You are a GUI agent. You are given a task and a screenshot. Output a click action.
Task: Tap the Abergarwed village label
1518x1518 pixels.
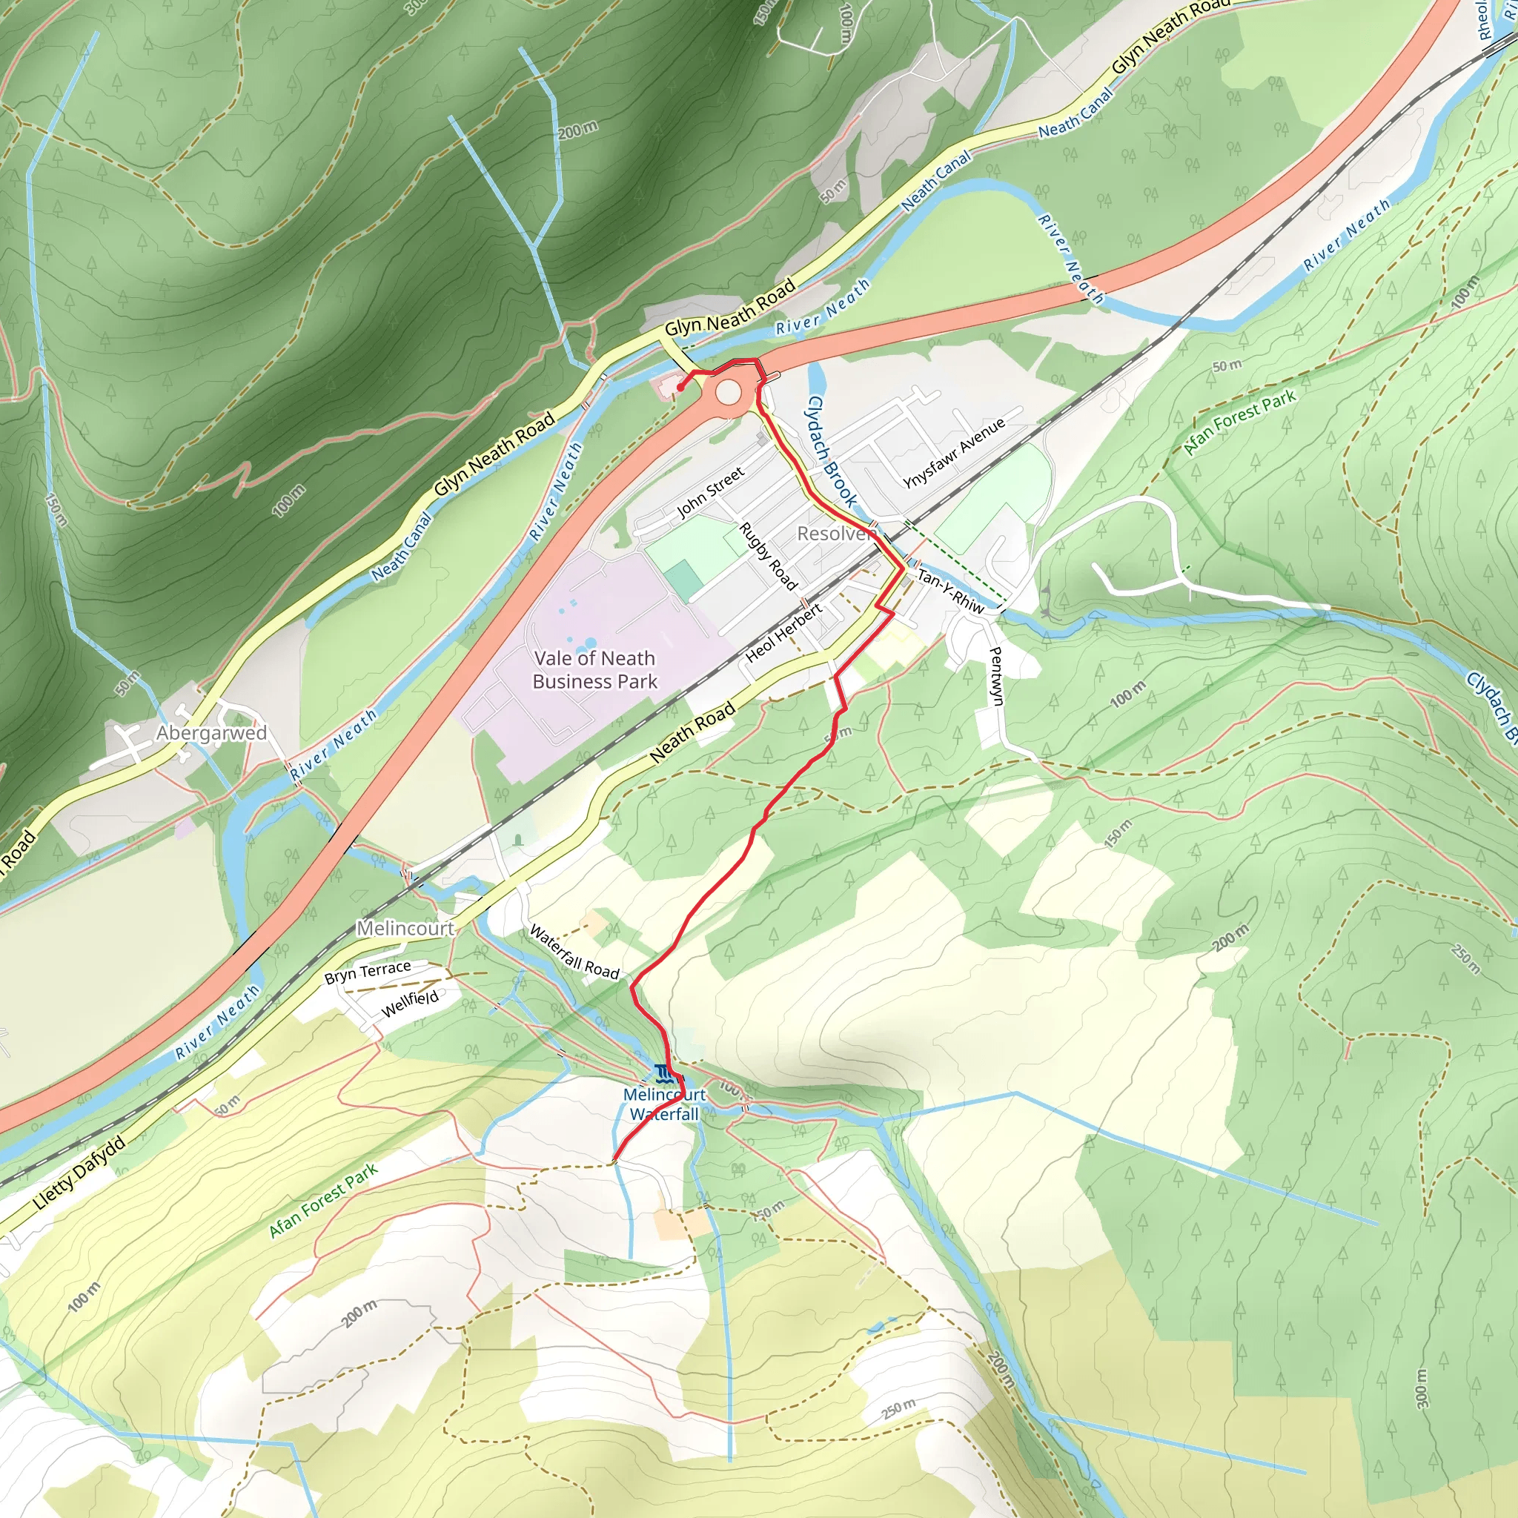211,733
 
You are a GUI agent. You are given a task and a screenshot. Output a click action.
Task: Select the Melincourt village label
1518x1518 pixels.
405,928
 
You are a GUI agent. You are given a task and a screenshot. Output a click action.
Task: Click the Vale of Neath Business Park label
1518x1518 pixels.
594,669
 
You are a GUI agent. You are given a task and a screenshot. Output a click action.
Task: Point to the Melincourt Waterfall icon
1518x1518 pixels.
665,1073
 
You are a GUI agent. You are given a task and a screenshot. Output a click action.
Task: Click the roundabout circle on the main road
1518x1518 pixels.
728,391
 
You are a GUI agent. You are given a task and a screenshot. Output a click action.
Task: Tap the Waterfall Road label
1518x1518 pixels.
574,952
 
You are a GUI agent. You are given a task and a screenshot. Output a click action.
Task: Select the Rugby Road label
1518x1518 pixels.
769,555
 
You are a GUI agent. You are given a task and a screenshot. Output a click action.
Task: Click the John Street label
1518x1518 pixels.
710,493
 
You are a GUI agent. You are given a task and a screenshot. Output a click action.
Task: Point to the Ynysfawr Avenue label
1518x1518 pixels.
954,454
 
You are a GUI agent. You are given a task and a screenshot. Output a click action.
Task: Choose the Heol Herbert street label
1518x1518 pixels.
783,632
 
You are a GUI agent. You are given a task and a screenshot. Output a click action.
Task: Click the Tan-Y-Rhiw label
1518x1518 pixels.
950,591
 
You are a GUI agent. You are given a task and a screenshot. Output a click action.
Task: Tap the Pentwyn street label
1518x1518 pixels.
995,676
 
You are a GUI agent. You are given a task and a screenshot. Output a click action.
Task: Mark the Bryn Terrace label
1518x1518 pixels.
368,972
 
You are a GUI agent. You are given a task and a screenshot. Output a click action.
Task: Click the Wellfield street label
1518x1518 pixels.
410,1004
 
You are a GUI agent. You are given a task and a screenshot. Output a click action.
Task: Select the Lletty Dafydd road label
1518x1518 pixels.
79,1174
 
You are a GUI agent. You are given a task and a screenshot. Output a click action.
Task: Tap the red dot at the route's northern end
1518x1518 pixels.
680,388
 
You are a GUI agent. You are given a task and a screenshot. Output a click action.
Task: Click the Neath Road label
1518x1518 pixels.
693,732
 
